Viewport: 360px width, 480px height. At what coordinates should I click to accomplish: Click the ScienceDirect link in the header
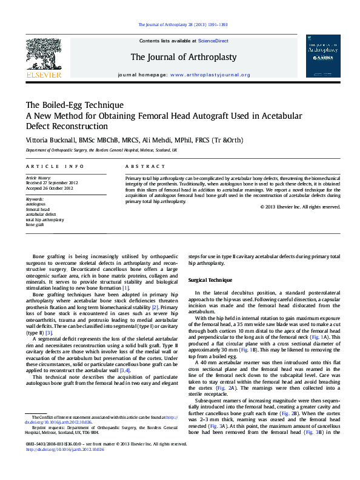pos(213,41)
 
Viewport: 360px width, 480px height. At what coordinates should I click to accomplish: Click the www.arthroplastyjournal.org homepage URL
pos(210,75)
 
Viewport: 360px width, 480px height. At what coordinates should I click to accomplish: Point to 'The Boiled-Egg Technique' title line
pos(75,105)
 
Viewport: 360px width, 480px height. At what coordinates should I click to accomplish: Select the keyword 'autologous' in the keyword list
pos(36,204)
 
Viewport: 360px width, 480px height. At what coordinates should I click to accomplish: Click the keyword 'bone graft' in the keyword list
pos(35,224)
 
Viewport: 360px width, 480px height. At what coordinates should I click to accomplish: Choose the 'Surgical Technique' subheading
pos(210,280)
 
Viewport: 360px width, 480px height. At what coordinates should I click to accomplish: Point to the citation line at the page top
pos(183,25)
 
